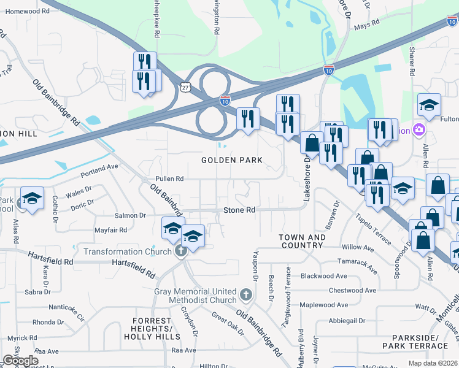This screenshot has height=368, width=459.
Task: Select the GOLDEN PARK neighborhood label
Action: click(x=233, y=160)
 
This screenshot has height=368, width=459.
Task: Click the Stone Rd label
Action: click(x=239, y=210)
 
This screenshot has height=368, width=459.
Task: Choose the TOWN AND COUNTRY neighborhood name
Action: click(x=301, y=241)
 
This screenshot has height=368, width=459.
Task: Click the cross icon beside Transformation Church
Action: click(x=180, y=251)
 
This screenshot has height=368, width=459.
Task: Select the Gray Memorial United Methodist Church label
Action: click(x=196, y=296)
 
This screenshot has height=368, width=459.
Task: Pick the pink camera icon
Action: click(x=419, y=129)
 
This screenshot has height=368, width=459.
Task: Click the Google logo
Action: click(x=20, y=361)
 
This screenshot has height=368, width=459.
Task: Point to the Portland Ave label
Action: click(x=104, y=166)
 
